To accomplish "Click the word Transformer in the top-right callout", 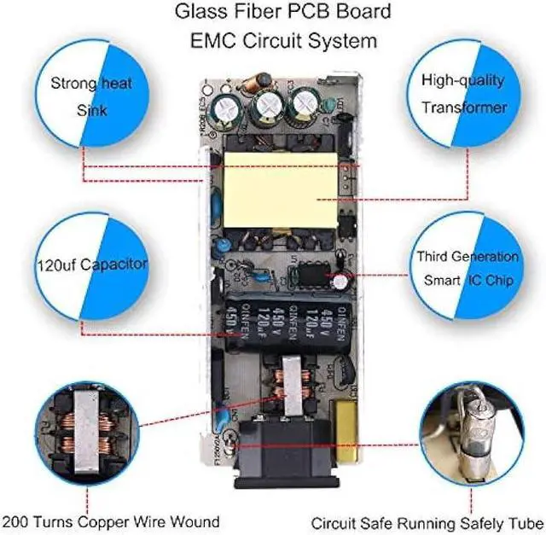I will click(463, 108).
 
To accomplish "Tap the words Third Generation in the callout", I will click(467, 256).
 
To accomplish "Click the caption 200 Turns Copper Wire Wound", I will click(111, 521).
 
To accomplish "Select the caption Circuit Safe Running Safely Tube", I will click(426, 521).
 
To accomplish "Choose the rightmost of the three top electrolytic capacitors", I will click(304, 108).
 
